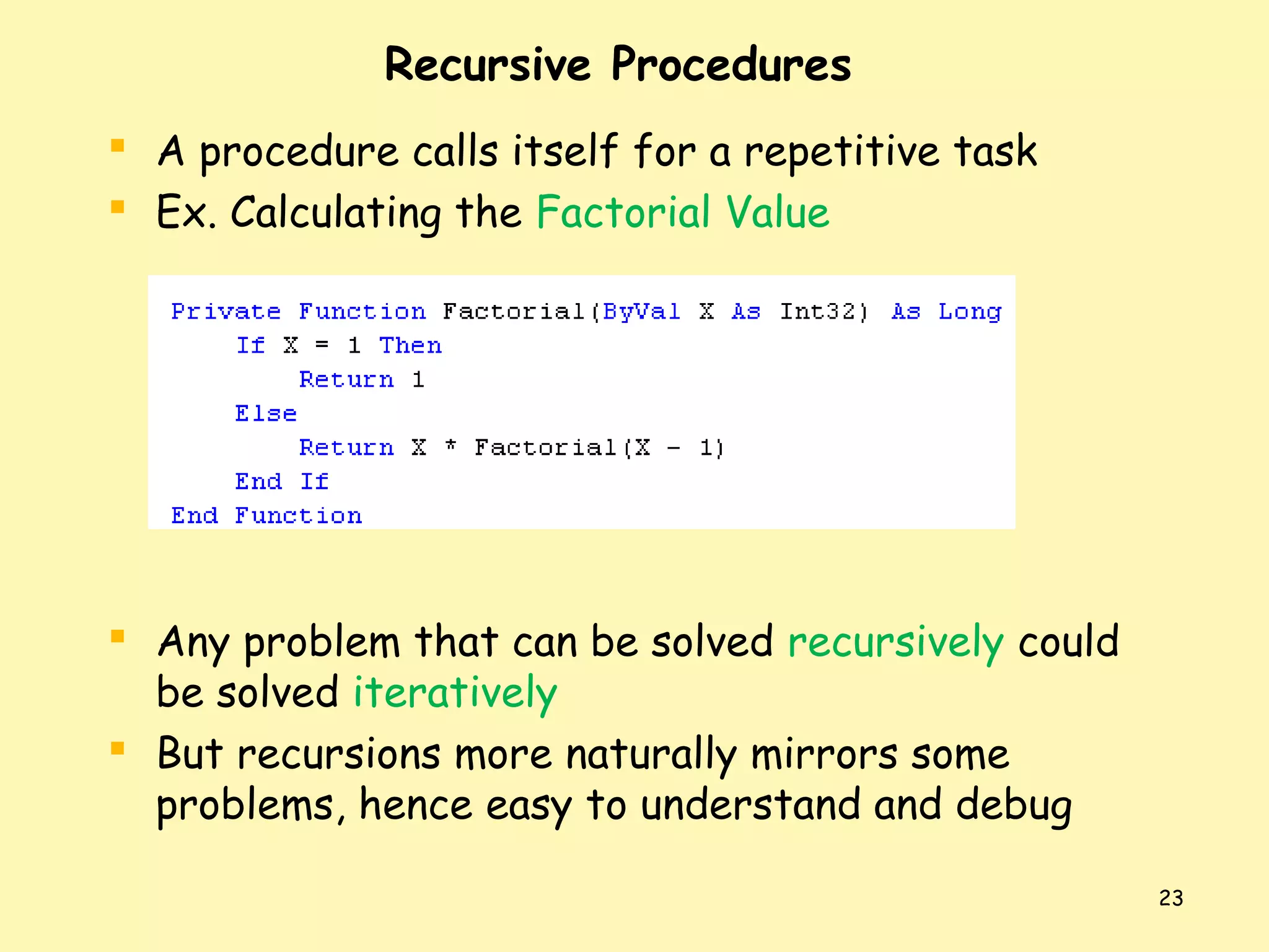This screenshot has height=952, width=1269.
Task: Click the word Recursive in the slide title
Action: click(x=488, y=64)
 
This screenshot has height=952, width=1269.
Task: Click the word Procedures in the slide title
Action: click(x=731, y=64)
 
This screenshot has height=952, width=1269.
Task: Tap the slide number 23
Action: click(x=1170, y=898)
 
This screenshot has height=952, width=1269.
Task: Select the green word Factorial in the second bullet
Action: click(x=623, y=213)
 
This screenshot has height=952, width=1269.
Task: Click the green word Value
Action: click(x=778, y=213)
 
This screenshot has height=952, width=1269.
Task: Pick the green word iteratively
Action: click(x=455, y=694)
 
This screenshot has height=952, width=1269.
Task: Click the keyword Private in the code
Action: click(x=226, y=311)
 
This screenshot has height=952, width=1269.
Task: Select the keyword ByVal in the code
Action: click(x=641, y=311)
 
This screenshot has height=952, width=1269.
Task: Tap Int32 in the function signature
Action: click(x=819, y=311)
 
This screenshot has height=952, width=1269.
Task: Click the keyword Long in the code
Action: click(x=969, y=311)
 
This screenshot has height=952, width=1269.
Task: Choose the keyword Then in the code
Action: click(x=410, y=345)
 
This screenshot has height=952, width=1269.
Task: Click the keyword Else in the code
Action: click(x=266, y=413)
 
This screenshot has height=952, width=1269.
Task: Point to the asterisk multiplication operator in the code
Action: click(x=450, y=446)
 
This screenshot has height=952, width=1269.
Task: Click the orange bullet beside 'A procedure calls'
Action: click(x=118, y=146)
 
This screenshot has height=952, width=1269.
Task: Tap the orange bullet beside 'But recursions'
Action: click(x=118, y=749)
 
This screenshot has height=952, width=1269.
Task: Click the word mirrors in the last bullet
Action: click(x=823, y=754)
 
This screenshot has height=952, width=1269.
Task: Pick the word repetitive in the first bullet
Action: click(x=841, y=152)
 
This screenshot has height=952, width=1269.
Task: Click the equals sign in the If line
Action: click(x=322, y=345)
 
